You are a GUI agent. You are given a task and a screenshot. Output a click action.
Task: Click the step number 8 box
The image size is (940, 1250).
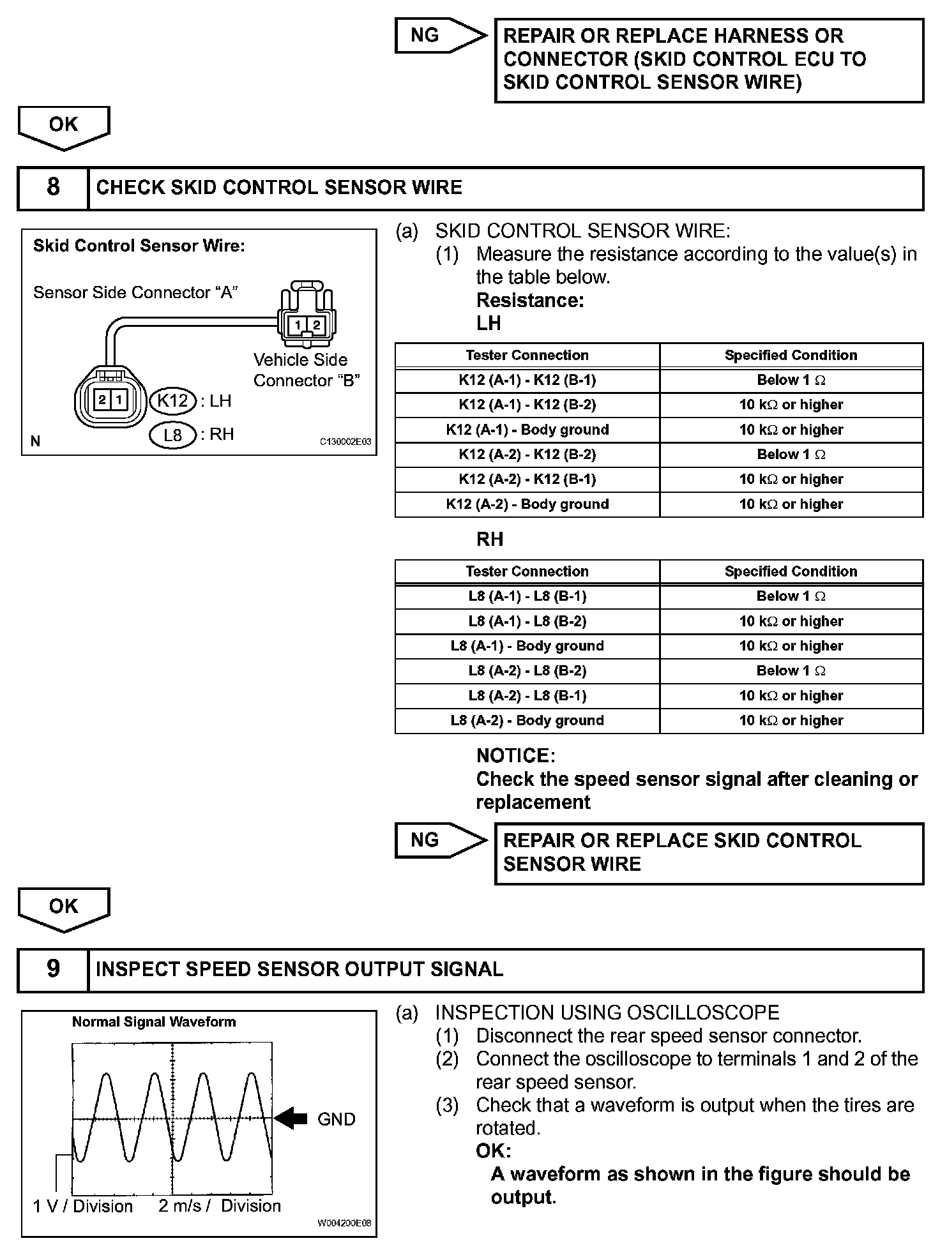tap(53, 188)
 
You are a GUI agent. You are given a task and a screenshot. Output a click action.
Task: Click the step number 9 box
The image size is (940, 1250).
tap(53, 969)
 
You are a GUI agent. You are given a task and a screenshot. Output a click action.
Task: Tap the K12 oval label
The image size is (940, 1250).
tap(172, 401)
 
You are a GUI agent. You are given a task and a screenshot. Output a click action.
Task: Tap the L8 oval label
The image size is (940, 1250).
tap(173, 435)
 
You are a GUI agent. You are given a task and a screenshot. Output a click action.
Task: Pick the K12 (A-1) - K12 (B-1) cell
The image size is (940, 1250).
tap(527, 380)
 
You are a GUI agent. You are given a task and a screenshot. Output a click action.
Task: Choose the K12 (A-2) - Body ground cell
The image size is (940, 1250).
tap(527, 504)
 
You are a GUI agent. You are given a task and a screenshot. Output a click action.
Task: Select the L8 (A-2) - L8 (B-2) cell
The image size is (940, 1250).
tap(527, 671)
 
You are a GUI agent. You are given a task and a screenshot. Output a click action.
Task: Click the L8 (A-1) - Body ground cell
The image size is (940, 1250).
tap(527, 646)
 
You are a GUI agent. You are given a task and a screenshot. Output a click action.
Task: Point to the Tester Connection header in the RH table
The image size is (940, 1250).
tap(527, 571)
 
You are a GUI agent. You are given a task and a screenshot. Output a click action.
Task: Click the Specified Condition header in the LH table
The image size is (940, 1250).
tap(791, 356)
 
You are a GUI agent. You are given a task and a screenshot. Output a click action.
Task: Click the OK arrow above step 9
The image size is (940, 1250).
tap(64, 907)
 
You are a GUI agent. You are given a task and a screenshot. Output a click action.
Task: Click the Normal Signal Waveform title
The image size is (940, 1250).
tap(154, 1021)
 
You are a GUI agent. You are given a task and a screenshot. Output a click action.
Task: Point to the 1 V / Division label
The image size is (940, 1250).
tap(83, 1205)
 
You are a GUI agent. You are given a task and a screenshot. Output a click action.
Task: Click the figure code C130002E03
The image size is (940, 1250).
tap(345, 442)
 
